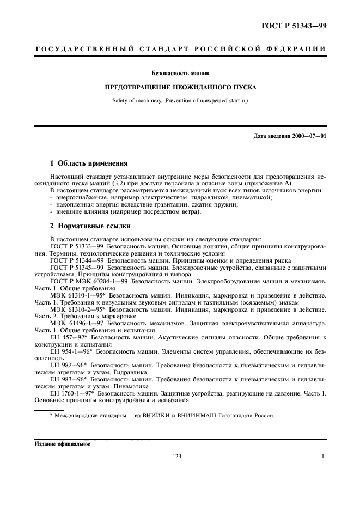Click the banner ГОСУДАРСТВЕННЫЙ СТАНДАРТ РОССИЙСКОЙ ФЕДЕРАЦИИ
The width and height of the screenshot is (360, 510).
[180, 49]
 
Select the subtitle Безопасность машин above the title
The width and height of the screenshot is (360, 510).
[180, 72]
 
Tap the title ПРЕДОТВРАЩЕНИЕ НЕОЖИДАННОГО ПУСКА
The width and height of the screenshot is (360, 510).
[180, 87]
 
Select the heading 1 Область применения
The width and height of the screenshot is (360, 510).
[88, 163]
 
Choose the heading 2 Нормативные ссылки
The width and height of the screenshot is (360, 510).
[89, 226]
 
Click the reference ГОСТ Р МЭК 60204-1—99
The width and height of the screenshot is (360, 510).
[89, 282]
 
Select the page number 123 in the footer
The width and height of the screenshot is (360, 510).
[177, 457]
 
